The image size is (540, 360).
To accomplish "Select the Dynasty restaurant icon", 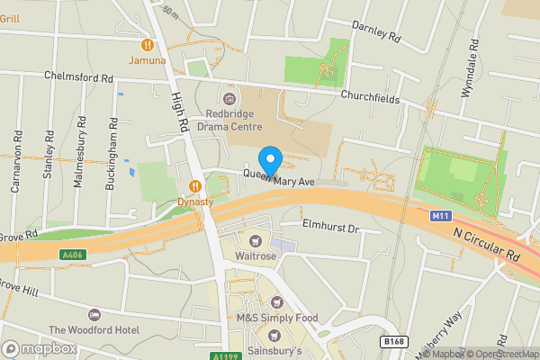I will pyautogui.click(x=194, y=186).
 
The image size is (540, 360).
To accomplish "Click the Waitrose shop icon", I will pyautogui.click(x=256, y=240).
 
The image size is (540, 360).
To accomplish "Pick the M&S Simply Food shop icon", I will pyautogui.click(x=278, y=302).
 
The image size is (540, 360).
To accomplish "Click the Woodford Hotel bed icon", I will pyautogui.click(x=94, y=314).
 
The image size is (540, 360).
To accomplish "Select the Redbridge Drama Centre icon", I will pyautogui.click(x=229, y=97).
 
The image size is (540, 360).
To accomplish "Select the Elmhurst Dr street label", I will pyautogui.click(x=330, y=229).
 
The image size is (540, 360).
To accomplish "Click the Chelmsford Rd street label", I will pyautogui.click(x=80, y=76).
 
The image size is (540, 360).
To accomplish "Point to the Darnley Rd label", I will pyautogui.click(x=375, y=32).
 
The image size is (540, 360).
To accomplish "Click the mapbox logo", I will pyautogui.click(x=39, y=348).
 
